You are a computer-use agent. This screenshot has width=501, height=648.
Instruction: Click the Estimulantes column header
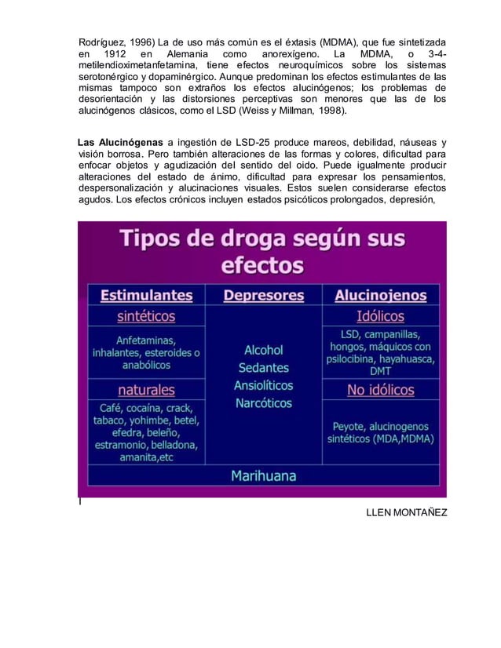coord(146,296)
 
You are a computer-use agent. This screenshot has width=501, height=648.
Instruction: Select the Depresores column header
coord(264,296)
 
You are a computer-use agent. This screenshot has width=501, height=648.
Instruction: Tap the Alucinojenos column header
coord(380,296)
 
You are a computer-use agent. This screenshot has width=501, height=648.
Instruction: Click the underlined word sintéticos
coord(146,317)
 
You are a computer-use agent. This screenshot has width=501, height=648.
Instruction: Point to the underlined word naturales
coord(146,390)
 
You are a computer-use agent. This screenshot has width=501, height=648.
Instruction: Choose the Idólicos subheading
coord(380,317)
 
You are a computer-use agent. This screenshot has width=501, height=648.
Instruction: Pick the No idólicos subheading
coord(381,390)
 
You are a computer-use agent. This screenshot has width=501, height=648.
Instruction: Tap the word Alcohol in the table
coord(264,350)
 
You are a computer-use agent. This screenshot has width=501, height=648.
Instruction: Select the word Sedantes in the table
coord(264,368)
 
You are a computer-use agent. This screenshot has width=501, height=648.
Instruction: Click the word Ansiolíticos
coord(264,385)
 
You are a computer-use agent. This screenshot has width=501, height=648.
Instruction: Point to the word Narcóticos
coord(264,403)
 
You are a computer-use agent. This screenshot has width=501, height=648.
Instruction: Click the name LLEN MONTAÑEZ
coord(407,512)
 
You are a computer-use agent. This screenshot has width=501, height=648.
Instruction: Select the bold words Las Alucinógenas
coord(120,142)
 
